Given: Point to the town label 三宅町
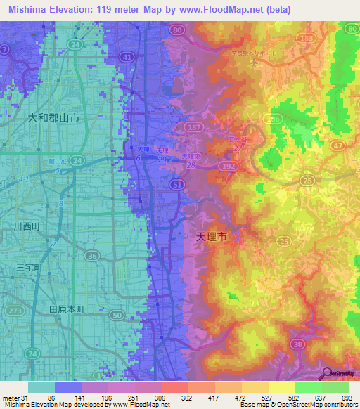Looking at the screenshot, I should (x=29, y=268).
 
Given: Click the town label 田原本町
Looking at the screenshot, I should (x=66, y=309).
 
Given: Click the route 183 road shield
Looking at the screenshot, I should (x=305, y=37).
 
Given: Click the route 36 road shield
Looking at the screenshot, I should (x=93, y=257).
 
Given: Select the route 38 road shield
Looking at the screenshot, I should (x=297, y=344).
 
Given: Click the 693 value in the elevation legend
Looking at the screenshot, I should (x=344, y=398).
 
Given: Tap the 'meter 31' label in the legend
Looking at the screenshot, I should (x=13, y=398).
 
